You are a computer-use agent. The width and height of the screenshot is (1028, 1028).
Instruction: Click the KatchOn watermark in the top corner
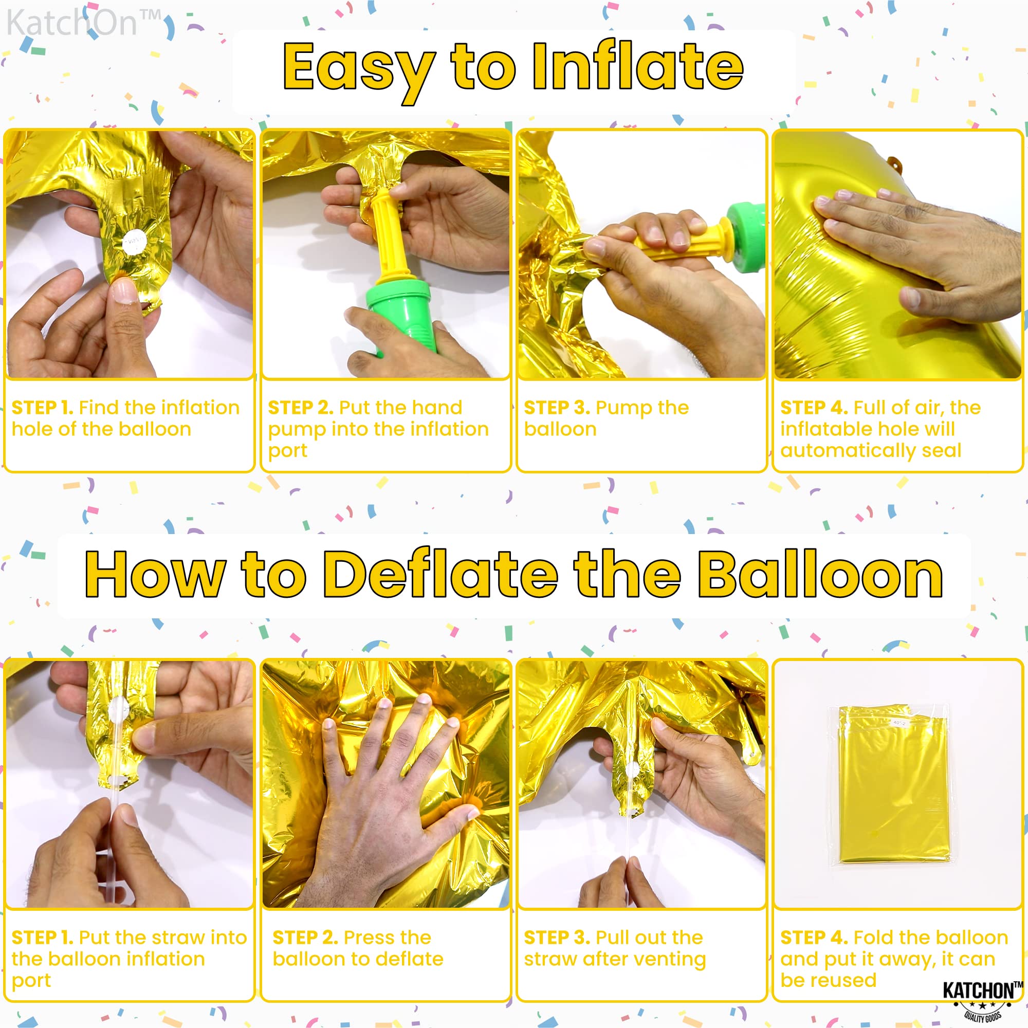[84, 23]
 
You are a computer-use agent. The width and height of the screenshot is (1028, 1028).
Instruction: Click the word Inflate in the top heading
[637, 67]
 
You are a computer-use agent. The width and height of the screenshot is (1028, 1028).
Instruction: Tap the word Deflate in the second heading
[441, 575]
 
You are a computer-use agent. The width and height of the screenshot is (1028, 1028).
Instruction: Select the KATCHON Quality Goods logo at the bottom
[982, 1000]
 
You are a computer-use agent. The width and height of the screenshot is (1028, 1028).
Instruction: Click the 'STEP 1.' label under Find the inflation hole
[42, 408]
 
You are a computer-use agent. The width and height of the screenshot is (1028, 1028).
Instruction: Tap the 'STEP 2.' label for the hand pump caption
[301, 408]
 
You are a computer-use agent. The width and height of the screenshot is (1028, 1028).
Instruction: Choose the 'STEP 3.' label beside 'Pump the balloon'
[557, 408]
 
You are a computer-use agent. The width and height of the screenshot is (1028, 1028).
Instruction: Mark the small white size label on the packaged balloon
[898, 723]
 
